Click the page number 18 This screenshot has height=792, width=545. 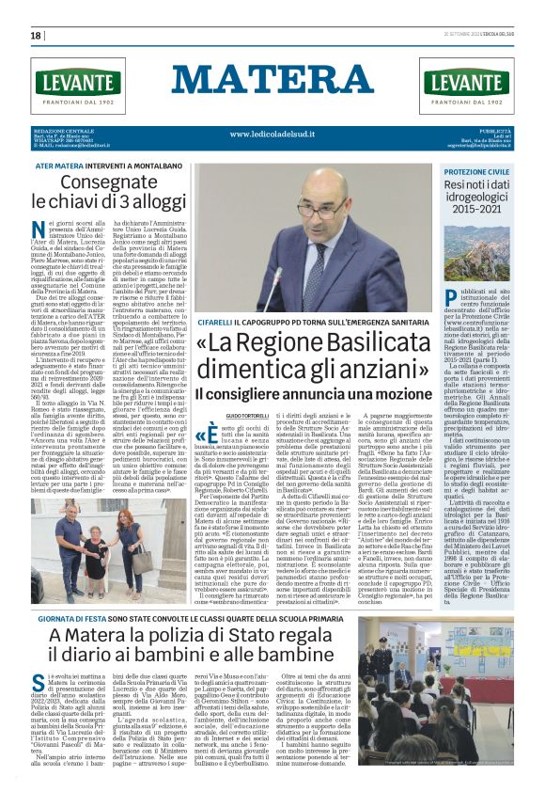point(36,36)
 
